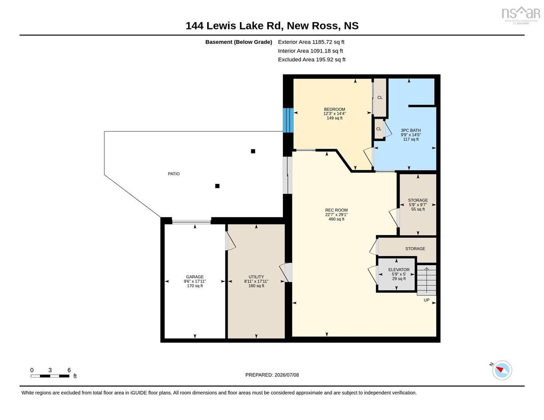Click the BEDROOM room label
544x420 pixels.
[x=335, y=109]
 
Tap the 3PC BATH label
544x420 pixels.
[x=411, y=130]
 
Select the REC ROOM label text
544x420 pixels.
[x=336, y=210]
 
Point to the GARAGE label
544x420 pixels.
[x=195, y=277]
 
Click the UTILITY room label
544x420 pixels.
[x=256, y=277]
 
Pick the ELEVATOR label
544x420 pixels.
[x=399, y=270]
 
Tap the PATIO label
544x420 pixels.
[x=174, y=174]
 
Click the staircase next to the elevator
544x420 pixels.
[x=426, y=280]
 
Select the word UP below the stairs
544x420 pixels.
[x=426, y=300]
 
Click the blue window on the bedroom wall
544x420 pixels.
[x=288, y=120]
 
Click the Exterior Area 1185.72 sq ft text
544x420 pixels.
[x=311, y=42]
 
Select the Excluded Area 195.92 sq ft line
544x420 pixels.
[x=312, y=59]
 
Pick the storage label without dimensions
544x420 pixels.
[x=415, y=249]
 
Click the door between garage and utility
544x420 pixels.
[x=230, y=241]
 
